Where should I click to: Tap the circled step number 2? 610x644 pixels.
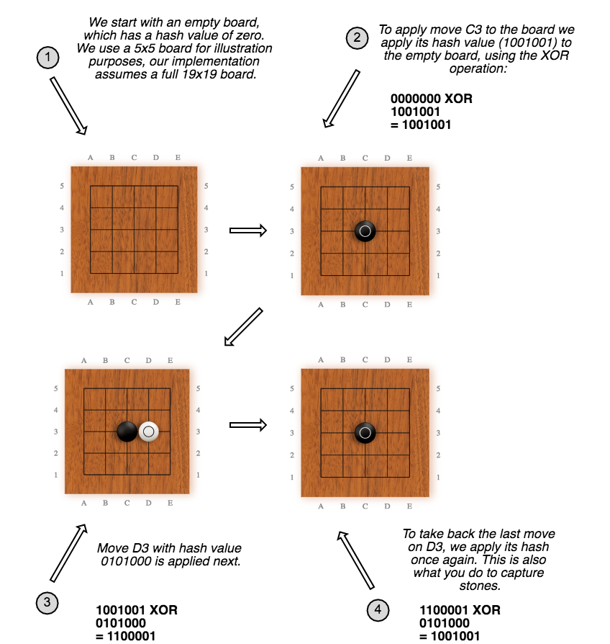356,38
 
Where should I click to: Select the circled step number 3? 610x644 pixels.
47,603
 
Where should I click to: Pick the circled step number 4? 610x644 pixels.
378,609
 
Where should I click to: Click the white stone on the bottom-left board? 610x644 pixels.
148,431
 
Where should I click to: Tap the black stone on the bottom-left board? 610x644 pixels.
127,431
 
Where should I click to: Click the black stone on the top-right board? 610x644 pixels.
365,231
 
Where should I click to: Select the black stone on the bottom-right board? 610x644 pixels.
365,433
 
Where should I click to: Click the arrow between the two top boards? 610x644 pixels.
248,231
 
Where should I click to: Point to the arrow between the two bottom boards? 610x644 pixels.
248,425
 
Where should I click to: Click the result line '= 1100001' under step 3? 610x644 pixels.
126,635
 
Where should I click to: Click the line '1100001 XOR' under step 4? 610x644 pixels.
460,610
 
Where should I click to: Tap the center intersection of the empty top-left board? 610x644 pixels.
134,229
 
